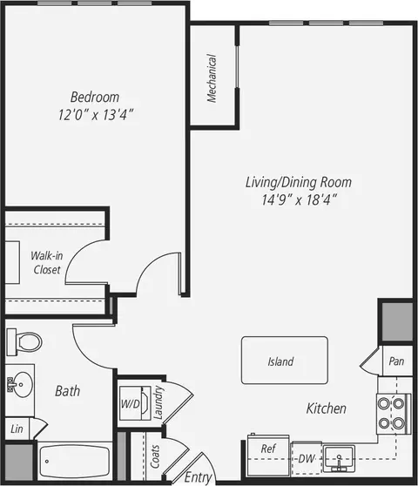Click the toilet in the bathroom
pyautogui.click(x=24, y=342)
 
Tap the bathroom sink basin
pyautogui.click(x=22, y=384)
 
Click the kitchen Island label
pyautogui.click(x=280, y=361)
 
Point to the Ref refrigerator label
pyautogui.click(x=268, y=449)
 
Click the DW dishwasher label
pyautogui.click(x=307, y=459)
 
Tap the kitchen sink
pyautogui.click(x=339, y=459)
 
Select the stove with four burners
pyautogui.click(x=394, y=414)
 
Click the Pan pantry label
pyautogui.click(x=396, y=361)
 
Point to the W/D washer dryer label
pyautogui.click(x=131, y=403)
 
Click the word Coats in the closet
pyautogui.click(x=155, y=456)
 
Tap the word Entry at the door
pyautogui.click(x=198, y=477)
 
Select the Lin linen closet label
pyautogui.click(x=17, y=429)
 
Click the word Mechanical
pyautogui.click(x=212, y=78)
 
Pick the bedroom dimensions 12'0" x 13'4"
pyautogui.click(x=96, y=115)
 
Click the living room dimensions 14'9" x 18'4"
pyautogui.click(x=299, y=199)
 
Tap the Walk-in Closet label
pyautogui.click(x=47, y=262)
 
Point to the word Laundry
pyautogui.click(x=158, y=402)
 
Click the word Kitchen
pyautogui.click(x=327, y=408)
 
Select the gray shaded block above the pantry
pyautogui.click(x=397, y=322)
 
